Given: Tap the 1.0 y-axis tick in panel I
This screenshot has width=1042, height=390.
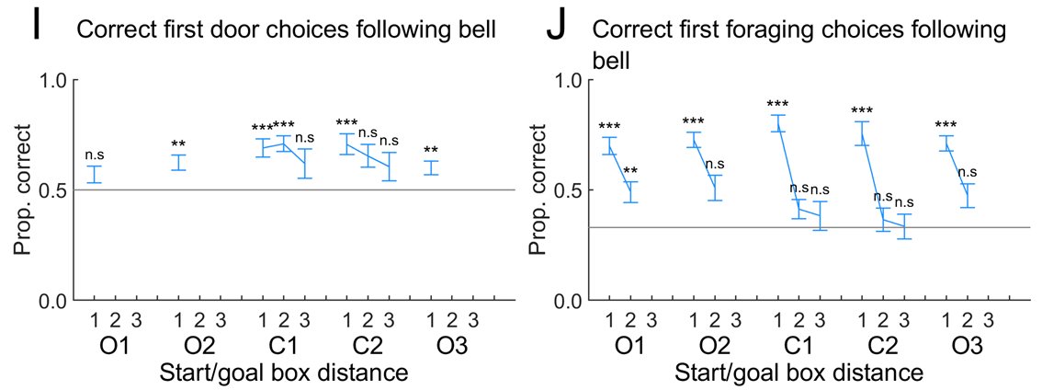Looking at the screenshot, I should click(56, 80).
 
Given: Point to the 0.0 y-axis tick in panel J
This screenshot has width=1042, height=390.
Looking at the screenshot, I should click(570, 301).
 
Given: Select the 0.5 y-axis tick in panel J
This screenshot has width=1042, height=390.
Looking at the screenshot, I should click(570, 190).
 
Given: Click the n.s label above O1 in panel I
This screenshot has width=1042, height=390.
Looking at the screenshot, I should click(94, 155).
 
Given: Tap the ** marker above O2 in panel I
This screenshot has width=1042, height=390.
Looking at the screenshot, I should click(179, 144).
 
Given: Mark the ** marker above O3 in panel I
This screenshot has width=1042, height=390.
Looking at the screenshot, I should click(430, 151).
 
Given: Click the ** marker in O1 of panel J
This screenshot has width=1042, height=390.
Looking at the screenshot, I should click(630, 171).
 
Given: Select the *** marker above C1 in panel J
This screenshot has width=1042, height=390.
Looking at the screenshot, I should click(777, 104).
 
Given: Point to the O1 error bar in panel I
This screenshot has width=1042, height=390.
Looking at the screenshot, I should click(94, 174).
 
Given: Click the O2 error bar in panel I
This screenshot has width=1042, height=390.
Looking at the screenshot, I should click(179, 162).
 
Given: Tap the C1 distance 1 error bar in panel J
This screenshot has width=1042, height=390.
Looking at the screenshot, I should click(778, 123).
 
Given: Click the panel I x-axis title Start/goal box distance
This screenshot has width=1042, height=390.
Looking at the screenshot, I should click(284, 373).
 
